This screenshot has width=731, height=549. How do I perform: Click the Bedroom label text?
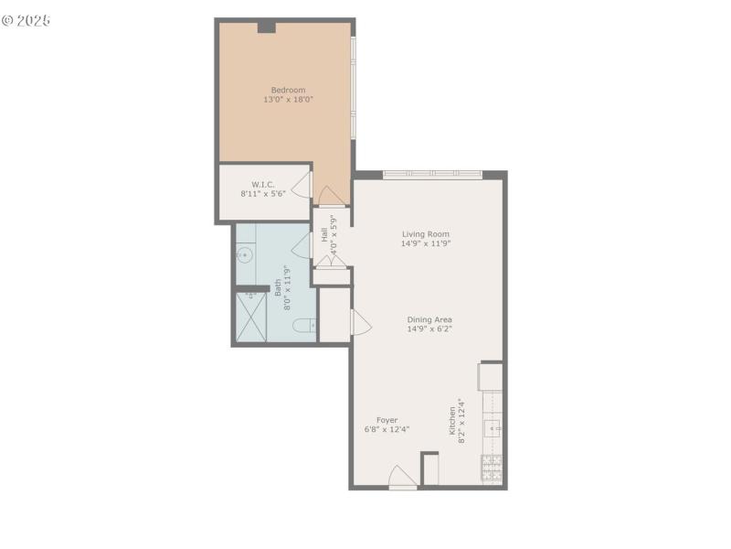point(284,90)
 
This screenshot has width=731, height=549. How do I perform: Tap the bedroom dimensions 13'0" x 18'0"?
point(284,99)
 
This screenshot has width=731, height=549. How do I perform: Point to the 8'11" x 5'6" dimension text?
point(264,194)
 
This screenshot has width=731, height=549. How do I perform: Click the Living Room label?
point(426,234)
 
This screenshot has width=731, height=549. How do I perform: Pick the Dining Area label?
point(429,319)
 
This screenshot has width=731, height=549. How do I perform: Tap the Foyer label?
point(387,420)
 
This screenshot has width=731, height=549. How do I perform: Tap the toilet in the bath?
point(308,324)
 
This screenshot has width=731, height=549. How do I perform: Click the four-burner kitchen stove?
point(492,468)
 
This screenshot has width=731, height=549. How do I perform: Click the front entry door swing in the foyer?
point(403,478)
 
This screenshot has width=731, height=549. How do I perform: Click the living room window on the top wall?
point(433,174)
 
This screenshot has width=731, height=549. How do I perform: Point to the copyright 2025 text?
point(26,19)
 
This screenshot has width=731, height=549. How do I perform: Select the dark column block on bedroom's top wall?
point(266,27)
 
